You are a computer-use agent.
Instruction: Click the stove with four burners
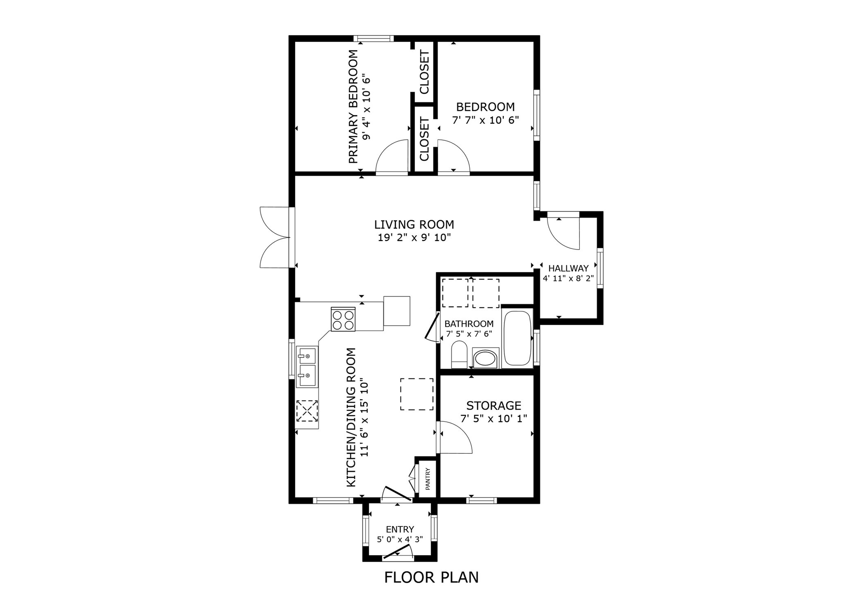[343, 319]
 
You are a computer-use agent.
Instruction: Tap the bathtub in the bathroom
[517, 338]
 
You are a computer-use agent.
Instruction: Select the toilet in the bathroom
[459, 356]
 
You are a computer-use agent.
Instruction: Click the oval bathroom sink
[485, 358]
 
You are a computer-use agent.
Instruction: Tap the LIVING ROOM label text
[414, 225]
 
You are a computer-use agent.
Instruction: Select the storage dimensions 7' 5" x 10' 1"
[493, 419]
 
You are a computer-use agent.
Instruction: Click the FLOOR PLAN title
[431, 577]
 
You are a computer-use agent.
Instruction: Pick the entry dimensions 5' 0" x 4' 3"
[399, 539]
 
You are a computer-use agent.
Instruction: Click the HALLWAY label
[568, 268]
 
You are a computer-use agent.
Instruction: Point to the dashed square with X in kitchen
[307, 411]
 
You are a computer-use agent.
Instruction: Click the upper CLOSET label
[424, 72]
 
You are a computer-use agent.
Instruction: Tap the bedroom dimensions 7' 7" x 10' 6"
[485, 120]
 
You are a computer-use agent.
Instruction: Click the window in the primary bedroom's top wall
[373, 39]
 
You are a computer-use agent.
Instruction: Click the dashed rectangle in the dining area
[417, 394]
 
